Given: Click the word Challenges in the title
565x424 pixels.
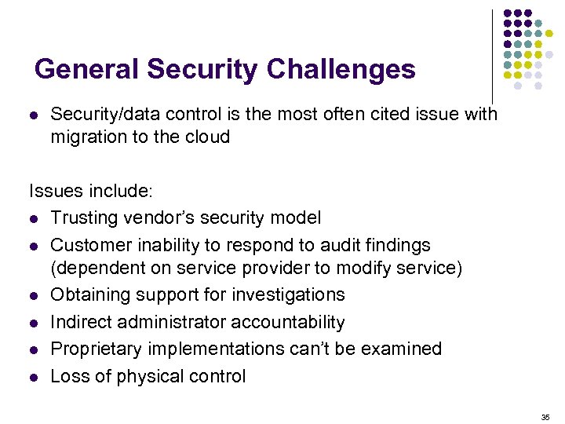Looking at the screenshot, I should tap(341, 70).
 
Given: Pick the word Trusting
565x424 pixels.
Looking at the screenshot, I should tap(84, 217).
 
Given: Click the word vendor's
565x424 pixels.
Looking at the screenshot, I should tap(160, 217).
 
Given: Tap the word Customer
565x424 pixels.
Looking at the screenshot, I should tap(89, 244).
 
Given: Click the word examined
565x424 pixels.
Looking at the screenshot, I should tap(403, 349).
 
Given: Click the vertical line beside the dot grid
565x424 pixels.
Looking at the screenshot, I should tap(492, 55).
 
